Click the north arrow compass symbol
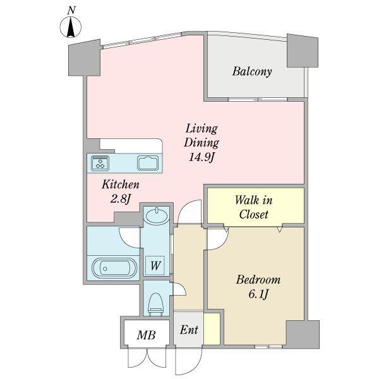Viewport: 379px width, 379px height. (x=71, y=27)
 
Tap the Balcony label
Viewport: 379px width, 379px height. (x=252, y=72)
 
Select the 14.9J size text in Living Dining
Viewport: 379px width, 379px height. (x=202, y=157)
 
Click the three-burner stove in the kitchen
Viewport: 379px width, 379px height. (x=100, y=163)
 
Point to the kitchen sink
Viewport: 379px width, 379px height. (x=148, y=163)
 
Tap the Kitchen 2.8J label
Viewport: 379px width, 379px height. (x=121, y=191)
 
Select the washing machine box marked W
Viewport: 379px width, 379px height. (x=155, y=266)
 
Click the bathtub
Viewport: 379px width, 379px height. (x=114, y=268)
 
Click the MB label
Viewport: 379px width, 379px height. (x=146, y=335)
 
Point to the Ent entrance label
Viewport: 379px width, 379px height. (x=189, y=330)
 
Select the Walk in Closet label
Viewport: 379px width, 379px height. (x=254, y=207)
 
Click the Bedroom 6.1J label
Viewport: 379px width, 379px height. (x=258, y=287)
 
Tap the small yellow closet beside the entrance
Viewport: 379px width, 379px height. (x=212, y=328)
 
